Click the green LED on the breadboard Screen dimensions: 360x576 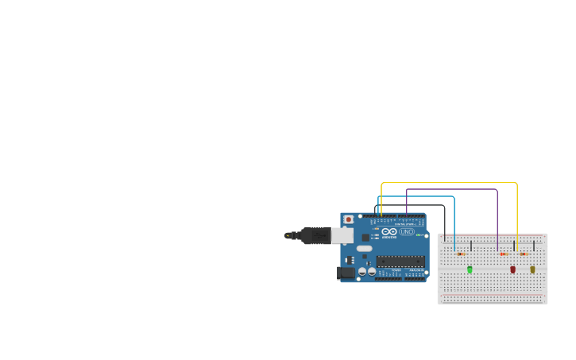pyautogui.click(x=470, y=269)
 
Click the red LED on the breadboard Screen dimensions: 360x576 pyautogui.click(x=512, y=269)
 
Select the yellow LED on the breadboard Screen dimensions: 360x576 pyautogui.click(x=532, y=269)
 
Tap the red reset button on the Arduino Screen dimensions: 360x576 pyautogui.click(x=348, y=219)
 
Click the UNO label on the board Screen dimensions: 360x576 pyautogui.click(x=407, y=231)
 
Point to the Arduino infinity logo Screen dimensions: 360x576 pyautogui.click(x=389, y=231)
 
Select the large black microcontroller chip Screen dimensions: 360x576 pyautogui.click(x=400, y=261)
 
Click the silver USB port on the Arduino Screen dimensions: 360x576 pyautogui.click(x=342, y=235)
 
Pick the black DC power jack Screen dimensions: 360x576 pyautogui.click(x=346, y=273)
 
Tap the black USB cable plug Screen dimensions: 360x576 pyautogui.click(x=315, y=235)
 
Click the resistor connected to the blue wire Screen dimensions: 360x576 pyautogui.click(x=462, y=254)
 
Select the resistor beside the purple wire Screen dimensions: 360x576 pyautogui.click(x=504, y=254)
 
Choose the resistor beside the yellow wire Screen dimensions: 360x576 pyautogui.click(x=524, y=254)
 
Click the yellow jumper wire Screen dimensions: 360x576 pyautogui.click(x=449, y=183)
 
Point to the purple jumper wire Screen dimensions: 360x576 pyautogui.click(x=453, y=189)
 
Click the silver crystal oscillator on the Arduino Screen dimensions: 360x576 pyautogui.click(x=364, y=249)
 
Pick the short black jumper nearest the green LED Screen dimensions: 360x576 pyautogui.click(x=471, y=246)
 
